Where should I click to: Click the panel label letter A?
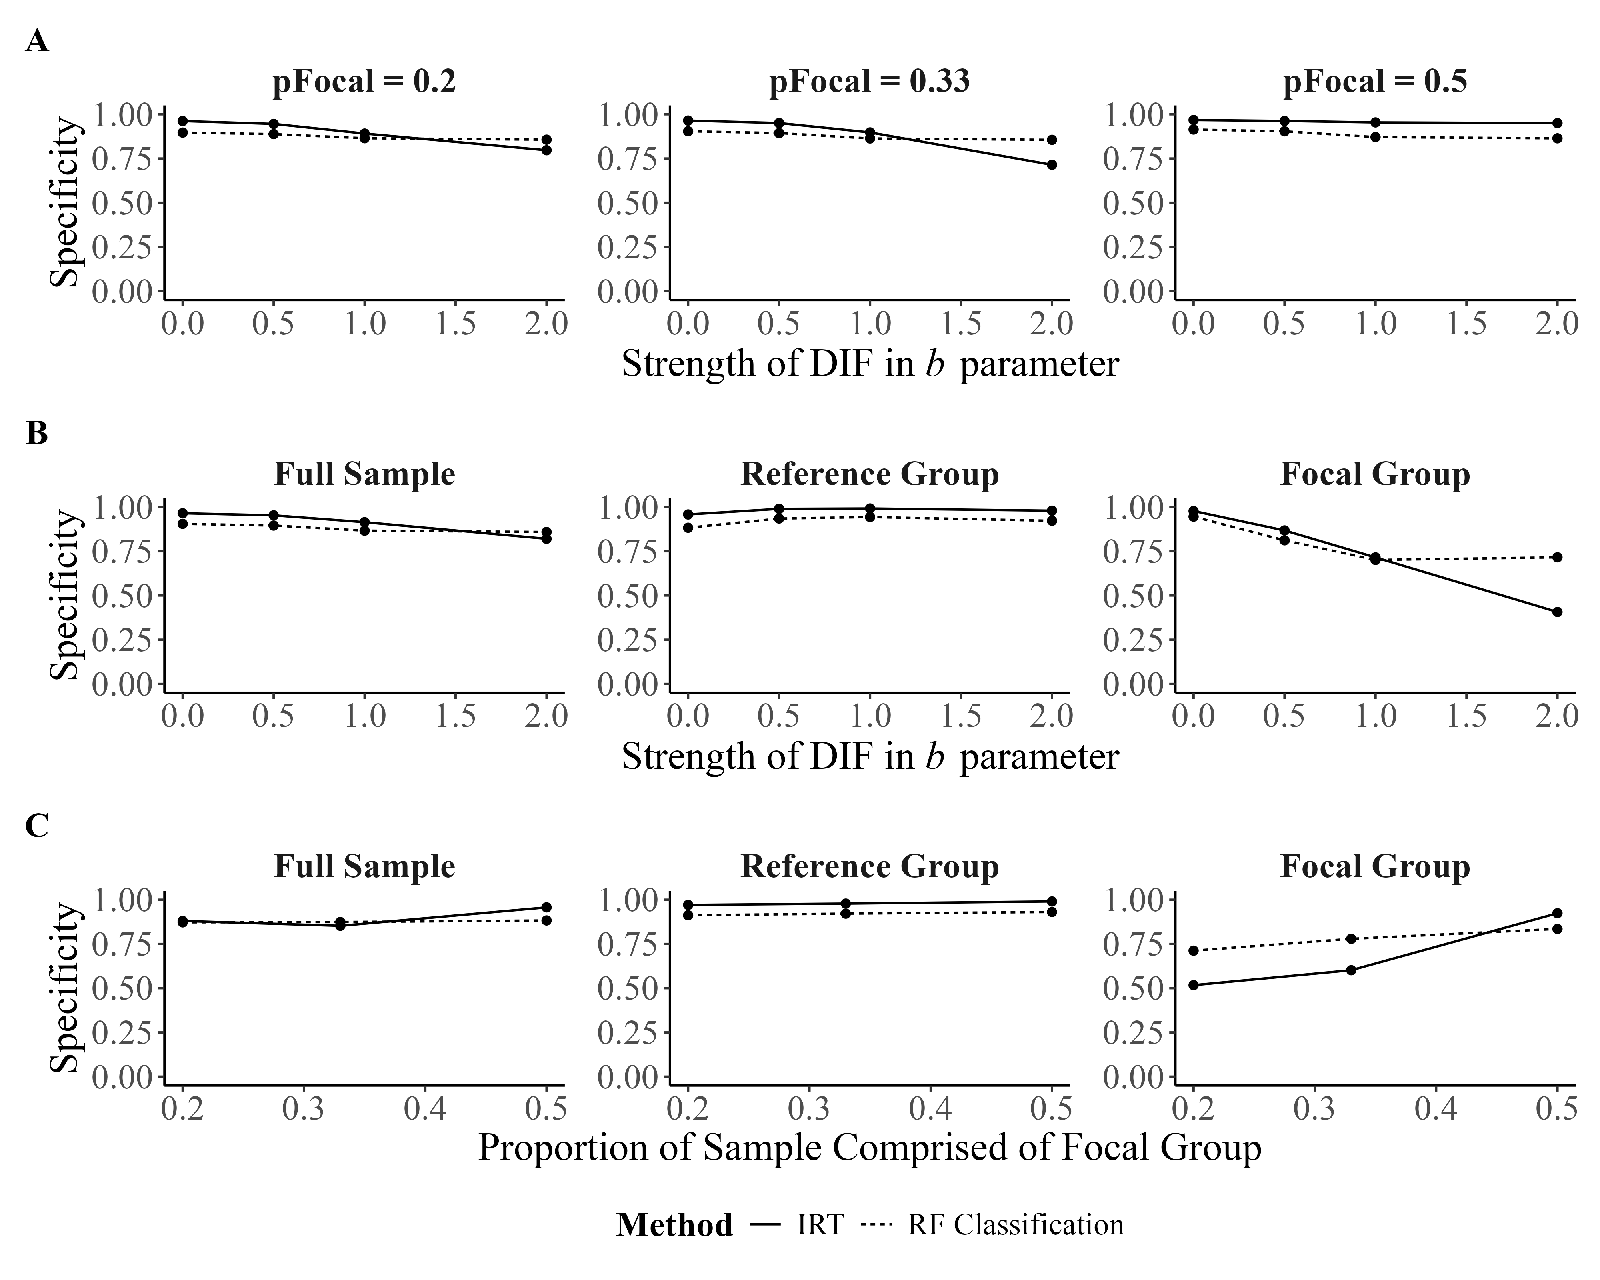37,42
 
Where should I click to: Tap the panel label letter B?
37,433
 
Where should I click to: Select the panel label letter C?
37,825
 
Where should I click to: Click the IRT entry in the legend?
820,1224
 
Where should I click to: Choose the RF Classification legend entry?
1015,1224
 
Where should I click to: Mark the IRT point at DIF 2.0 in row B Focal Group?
1557,612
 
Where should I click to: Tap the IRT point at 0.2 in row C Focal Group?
1193,985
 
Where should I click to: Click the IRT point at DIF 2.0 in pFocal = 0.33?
1052,165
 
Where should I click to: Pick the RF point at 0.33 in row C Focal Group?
1351,939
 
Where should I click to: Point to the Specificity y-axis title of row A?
65,202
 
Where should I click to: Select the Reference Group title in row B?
869,474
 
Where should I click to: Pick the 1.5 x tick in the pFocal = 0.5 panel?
1466,324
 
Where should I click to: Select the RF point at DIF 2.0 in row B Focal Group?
1557,557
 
